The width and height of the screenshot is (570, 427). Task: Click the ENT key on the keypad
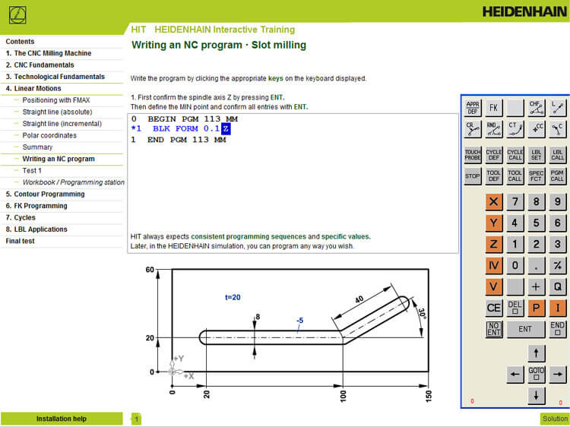click(x=525, y=329)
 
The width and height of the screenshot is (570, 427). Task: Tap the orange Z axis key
click(x=494, y=245)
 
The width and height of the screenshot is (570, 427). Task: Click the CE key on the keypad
click(x=494, y=308)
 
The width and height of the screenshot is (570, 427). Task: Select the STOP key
click(x=473, y=176)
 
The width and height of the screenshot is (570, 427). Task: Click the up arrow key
click(x=537, y=353)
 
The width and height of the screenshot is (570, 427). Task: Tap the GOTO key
click(x=537, y=375)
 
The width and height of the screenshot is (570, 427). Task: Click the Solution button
click(x=554, y=419)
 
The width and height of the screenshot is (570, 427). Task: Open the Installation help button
click(x=62, y=419)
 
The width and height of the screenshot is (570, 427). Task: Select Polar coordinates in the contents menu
click(x=49, y=135)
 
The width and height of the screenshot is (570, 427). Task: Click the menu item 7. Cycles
click(x=21, y=217)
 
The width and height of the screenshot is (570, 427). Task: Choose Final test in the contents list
click(x=20, y=241)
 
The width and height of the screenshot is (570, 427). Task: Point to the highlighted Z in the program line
click(x=226, y=129)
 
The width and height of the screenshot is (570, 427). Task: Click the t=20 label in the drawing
click(x=233, y=297)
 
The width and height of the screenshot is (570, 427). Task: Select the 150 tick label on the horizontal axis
click(x=429, y=395)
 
